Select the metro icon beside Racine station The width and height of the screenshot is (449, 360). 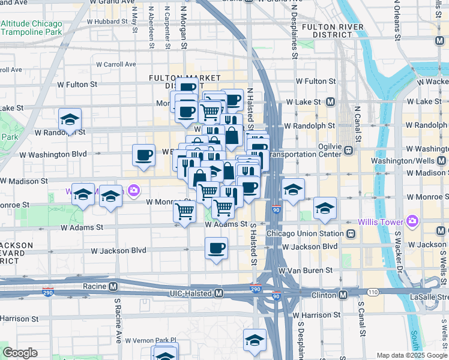pos(113,287)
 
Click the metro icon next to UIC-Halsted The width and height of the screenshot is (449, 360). pos(219,293)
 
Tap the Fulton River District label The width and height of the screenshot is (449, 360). pos(333,31)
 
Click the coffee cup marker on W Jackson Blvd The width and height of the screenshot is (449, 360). pos(216,247)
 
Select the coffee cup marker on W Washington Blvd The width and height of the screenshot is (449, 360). pos(144,155)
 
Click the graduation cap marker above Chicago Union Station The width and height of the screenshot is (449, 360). pos(325,208)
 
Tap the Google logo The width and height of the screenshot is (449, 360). pos(20,353)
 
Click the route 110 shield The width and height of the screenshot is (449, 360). pos(372,292)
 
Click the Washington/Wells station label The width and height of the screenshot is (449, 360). pos(404,161)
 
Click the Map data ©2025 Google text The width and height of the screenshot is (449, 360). pos(411,355)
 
